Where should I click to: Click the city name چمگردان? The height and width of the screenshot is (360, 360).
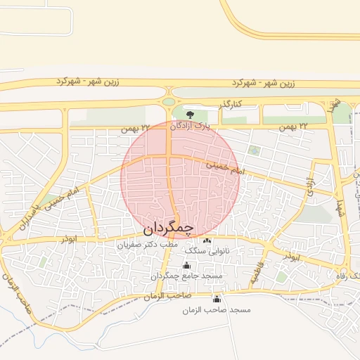pyautogui.click(x=167, y=229)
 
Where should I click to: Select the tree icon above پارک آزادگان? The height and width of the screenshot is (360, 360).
pyautogui.click(x=188, y=114)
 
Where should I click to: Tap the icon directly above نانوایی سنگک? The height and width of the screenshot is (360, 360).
pyautogui.click(x=206, y=242)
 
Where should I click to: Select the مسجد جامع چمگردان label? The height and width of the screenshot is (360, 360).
pyautogui.click(x=186, y=276)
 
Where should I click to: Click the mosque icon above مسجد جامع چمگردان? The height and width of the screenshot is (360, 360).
pyautogui.click(x=186, y=266)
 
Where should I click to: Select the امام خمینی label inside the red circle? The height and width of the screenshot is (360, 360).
pyautogui.click(x=226, y=168)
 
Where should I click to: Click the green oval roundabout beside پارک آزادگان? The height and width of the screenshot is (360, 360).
pyautogui.click(x=169, y=101)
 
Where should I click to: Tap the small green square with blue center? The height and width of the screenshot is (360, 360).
pyautogui.click(x=254, y=150)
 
